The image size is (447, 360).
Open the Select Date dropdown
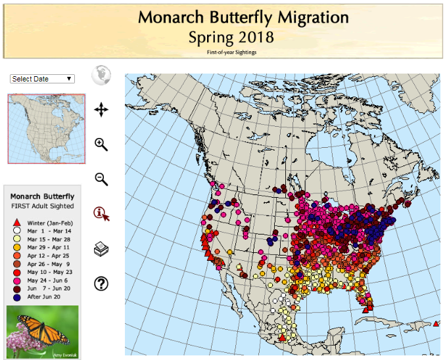click(42, 79)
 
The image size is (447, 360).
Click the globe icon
click(101, 76)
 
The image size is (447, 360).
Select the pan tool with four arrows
click(101, 110)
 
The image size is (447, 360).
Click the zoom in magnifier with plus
click(101, 145)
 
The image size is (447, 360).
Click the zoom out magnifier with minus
click(101, 179)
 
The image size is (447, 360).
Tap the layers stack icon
click(101, 249)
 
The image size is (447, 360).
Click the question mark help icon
click(101, 284)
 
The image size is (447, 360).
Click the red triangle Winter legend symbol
click(16, 222)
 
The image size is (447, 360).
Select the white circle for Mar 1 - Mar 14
click(16, 231)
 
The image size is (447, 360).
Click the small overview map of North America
click(46, 128)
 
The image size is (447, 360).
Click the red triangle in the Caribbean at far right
click(437, 323)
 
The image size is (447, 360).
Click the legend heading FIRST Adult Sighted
click(42, 206)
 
